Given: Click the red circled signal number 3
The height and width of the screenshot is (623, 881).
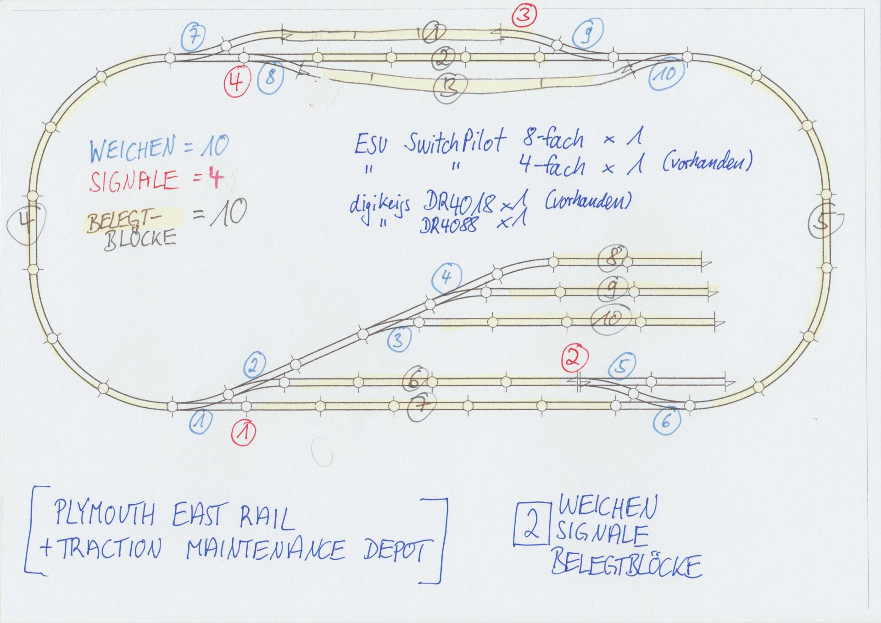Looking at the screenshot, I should (524, 15).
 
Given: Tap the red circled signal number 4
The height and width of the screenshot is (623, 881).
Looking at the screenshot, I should (236, 83).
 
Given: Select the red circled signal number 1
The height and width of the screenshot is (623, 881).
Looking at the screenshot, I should (244, 432).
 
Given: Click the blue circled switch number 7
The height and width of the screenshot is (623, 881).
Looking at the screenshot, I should (193, 36).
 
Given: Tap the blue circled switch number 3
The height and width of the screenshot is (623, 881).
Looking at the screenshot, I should (398, 340).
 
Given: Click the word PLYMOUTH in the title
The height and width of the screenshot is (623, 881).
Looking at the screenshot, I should (104, 513).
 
